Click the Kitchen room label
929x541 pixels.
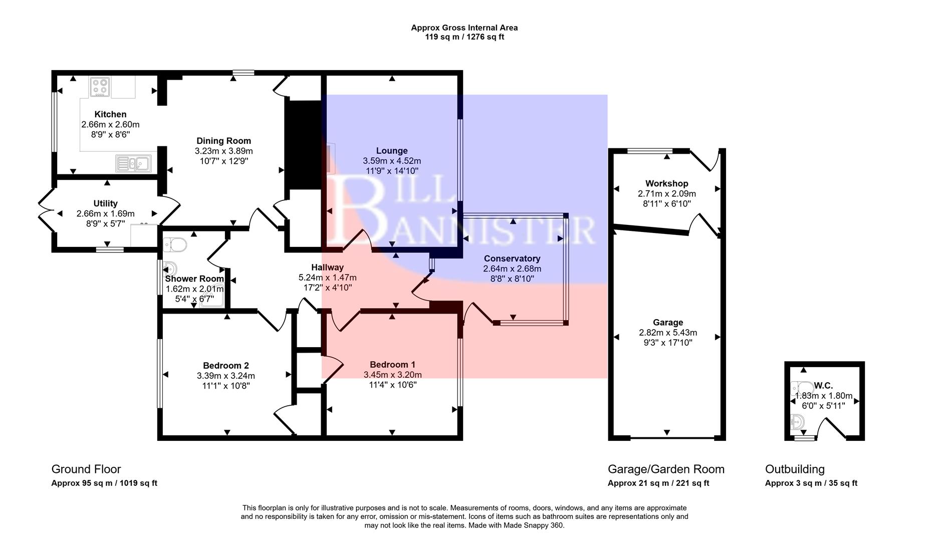pyautogui.click(x=110, y=114)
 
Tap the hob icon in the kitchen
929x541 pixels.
pyautogui.click(x=100, y=87)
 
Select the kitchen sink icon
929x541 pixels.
pyautogui.click(x=133, y=163)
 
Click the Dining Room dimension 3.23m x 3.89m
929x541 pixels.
pyautogui.click(x=223, y=151)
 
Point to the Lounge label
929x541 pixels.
pyautogui.click(x=392, y=150)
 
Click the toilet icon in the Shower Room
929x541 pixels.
pyautogui.click(x=175, y=245)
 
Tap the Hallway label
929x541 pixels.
pyautogui.click(x=327, y=267)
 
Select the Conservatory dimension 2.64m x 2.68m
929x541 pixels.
pyautogui.click(x=512, y=268)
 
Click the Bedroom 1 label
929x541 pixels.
pyautogui.click(x=392, y=364)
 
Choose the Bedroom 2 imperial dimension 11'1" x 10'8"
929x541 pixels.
pyautogui.click(x=225, y=386)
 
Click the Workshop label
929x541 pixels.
pyautogui.click(x=666, y=183)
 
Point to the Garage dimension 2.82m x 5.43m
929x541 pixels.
pyautogui.click(x=667, y=333)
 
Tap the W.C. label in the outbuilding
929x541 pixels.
pyautogui.click(x=823, y=385)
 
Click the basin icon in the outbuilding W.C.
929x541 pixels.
pyautogui.click(x=796, y=422)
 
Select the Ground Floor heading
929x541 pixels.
pyautogui.click(x=86, y=469)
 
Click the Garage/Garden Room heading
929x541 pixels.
pyautogui.click(x=666, y=469)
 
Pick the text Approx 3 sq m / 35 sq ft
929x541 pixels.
pyautogui.click(x=811, y=483)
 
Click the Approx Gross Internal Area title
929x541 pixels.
pyautogui.click(x=464, y=28)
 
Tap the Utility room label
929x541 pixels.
pyautogui.click(x=105, y=203)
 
